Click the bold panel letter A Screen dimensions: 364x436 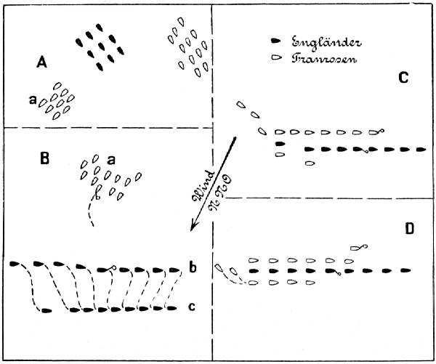coord(42,64)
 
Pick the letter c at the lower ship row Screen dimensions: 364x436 coord(191,307)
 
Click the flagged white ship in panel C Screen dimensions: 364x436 coord(374,132)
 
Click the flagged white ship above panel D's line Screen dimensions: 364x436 coord(356,248)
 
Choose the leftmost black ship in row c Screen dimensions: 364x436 coord(46,310)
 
